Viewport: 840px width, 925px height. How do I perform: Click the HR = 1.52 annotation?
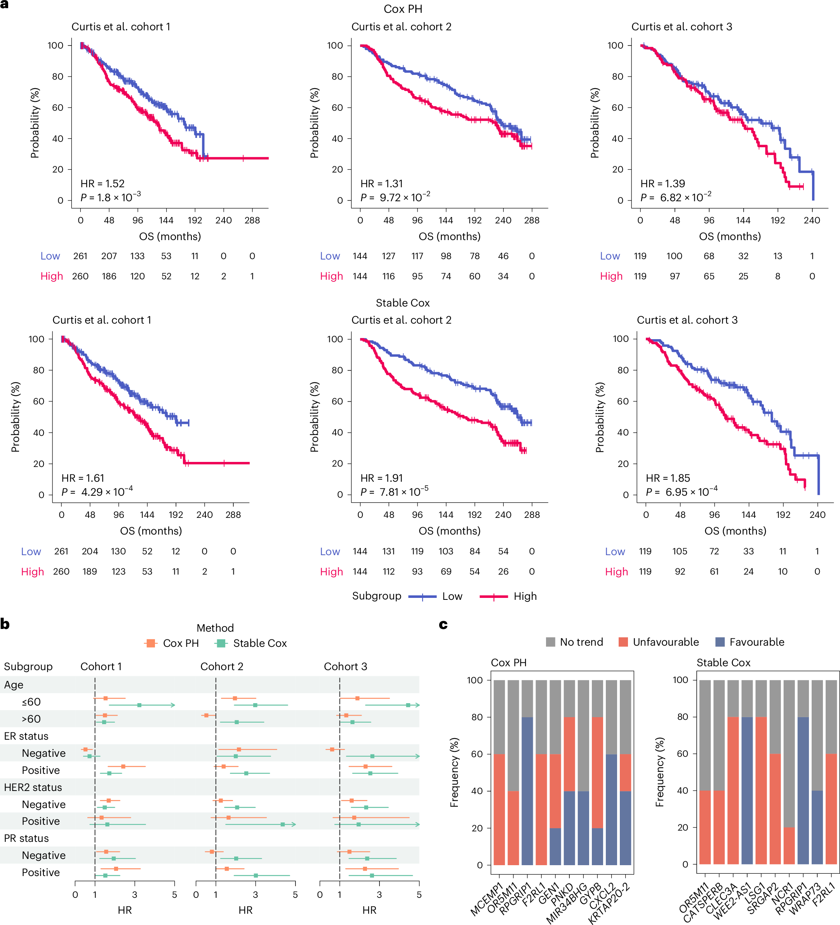(x=102, y=183)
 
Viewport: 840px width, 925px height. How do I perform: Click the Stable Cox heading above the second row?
(x=402, y=302)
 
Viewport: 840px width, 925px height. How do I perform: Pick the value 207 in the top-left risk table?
(x=109, y=256)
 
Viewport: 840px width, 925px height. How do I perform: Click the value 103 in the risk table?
(x=445, y=551)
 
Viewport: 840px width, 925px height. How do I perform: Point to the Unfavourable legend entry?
(x=665, y=642)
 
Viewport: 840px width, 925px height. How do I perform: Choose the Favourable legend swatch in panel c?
(x=720, y=642)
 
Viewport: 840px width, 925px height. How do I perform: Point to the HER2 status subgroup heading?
(x=33, y=787)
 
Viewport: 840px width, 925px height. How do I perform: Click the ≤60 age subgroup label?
(x=31, y=702)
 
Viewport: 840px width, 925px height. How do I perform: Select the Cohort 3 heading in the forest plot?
(x=346, y=666)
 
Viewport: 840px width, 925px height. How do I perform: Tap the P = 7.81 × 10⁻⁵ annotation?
(x=395, y=491)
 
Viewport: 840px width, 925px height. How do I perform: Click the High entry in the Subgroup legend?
(x=524, y=596)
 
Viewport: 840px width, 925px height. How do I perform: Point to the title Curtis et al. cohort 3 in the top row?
(x=681, y=27)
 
